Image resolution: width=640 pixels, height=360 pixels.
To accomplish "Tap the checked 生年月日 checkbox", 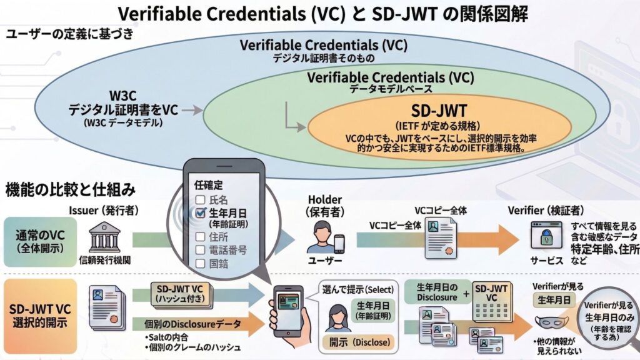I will click(200, 213).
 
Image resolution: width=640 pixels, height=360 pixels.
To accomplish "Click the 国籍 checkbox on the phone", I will click(200, 264).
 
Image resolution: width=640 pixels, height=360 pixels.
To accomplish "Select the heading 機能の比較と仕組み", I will click(72, 188).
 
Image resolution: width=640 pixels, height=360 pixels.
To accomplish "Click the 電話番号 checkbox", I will click(200, 250).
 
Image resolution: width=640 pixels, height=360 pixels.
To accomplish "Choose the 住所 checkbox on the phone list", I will click(200, 237).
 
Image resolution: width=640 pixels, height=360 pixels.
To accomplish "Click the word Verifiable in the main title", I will click(161, 14).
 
